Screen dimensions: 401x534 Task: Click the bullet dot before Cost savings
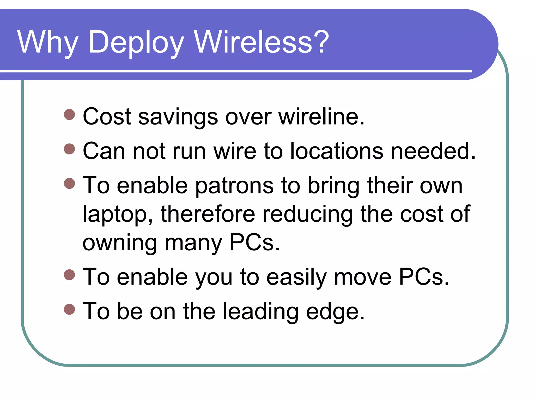69,115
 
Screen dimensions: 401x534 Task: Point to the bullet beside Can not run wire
69,149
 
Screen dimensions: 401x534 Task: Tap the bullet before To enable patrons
69,183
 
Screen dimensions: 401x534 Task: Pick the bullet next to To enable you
69,275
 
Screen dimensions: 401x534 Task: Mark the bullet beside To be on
69,309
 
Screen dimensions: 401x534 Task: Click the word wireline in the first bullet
321,116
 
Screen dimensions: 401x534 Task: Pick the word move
363,277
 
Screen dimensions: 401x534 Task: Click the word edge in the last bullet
335,312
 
